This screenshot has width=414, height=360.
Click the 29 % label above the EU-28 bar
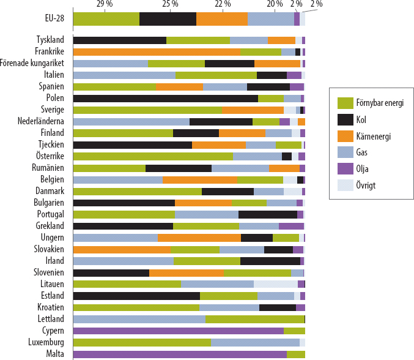click(x=105, y=4)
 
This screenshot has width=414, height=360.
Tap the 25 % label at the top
click(x=171, y=4)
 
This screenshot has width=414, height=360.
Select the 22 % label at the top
click(x=223, y=4)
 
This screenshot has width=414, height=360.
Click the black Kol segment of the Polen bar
click(x=165, y=98)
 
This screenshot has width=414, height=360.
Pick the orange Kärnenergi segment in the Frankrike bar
click(x=157, y=51)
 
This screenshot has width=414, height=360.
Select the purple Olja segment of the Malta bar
click(x=179, y=354)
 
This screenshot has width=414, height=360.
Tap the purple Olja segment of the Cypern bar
click(x=178, y=331)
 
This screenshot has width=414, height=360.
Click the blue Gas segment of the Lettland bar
click(x=139, y=319)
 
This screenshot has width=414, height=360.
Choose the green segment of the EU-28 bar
click(x=106, y=18)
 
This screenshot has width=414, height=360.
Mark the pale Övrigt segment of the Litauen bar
click(x=275, y=284)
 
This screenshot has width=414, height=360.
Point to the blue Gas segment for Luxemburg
click(x=255, y=342)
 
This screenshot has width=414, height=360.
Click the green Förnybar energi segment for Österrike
click(x=153, y=156)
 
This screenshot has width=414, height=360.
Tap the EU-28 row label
click(x=50, y=18)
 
